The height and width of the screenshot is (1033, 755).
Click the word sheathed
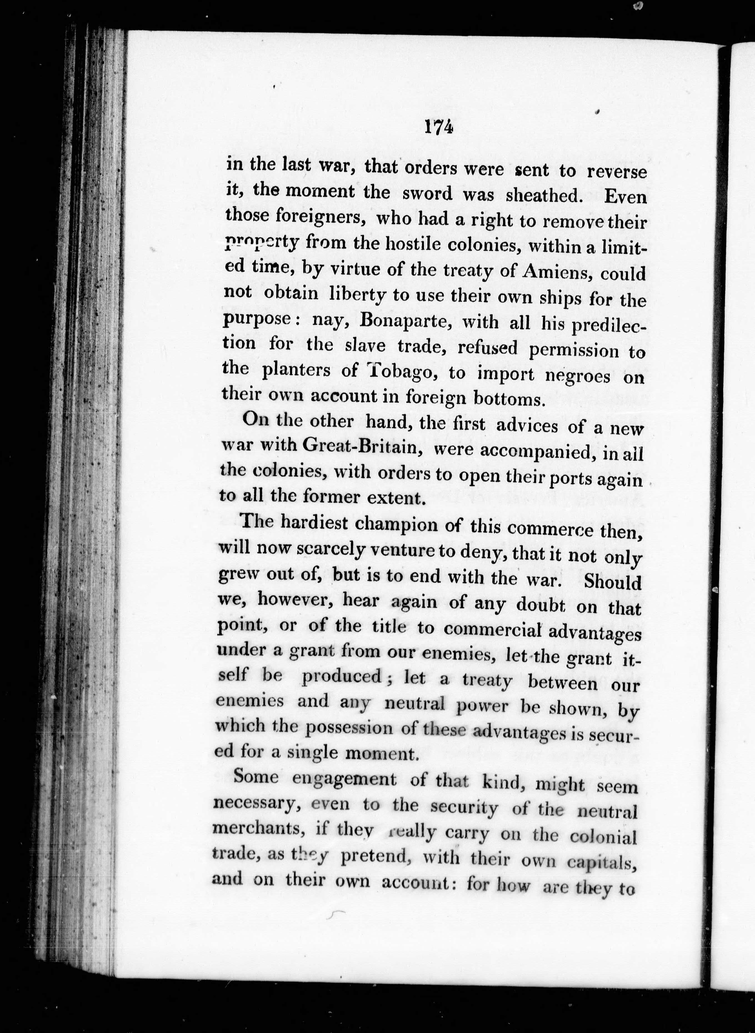(x=544, y=195)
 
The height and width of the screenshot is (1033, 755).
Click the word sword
(x=427, y=194)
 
